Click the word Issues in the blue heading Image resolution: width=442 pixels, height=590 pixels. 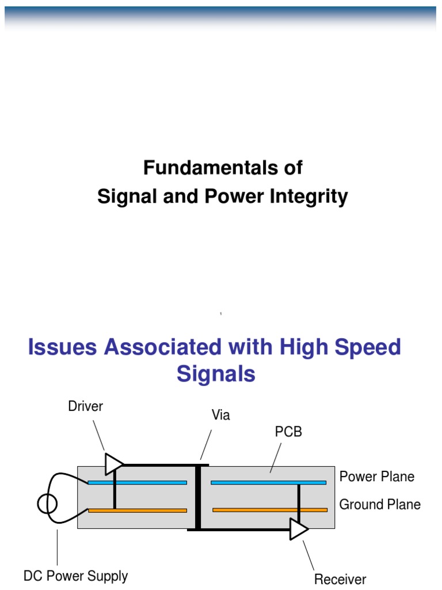[63, 347]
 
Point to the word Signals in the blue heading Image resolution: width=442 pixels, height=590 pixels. [216, 374]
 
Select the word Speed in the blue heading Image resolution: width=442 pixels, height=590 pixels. [369, 347]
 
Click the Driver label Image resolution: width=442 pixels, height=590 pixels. [85, 406]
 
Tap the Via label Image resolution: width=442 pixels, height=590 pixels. [220, 415]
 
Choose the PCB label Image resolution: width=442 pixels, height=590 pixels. [288, 432]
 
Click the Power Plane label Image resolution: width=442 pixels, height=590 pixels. [376, 476]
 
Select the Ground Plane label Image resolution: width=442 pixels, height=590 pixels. [379, 505]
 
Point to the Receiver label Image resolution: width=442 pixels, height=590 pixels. [340, 579]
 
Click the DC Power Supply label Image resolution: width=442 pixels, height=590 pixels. [75, 576]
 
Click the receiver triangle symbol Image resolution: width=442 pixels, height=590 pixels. [298, 529]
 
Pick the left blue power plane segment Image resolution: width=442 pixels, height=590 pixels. [137, 483]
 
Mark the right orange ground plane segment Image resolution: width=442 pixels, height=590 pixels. [269, 510]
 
